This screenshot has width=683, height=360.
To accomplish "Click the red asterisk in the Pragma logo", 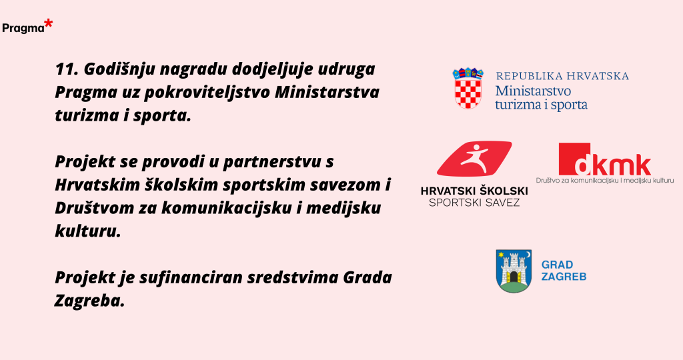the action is (x=48, y=24).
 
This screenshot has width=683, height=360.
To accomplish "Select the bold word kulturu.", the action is (x=87, y=231).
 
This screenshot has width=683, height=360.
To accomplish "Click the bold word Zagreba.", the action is (x=90, y=301).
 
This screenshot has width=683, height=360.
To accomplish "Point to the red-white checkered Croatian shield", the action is (x=468, y=94).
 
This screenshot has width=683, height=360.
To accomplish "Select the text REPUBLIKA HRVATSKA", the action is (x=562, y=76).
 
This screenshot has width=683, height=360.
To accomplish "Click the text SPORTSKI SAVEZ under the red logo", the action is (x=474, y=203).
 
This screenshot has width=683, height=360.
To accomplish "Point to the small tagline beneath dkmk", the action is (x=604, y=180).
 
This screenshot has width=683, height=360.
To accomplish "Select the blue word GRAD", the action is (x=557, y=265).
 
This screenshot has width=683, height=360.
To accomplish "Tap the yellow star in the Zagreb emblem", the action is (x=501, y=255).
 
